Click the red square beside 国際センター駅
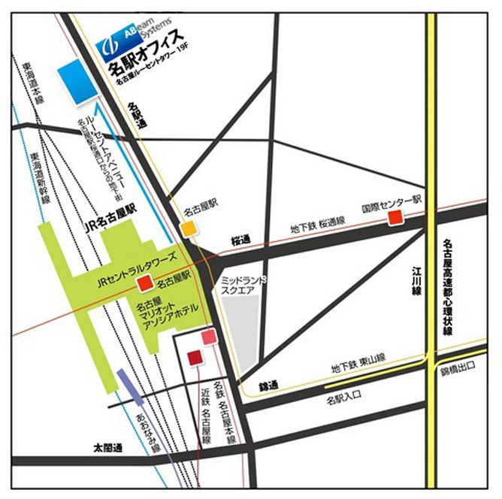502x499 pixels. (395, 218)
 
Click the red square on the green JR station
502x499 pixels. (145, 283)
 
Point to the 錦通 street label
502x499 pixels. (268, 386)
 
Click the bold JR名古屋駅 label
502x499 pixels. (113, 215)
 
